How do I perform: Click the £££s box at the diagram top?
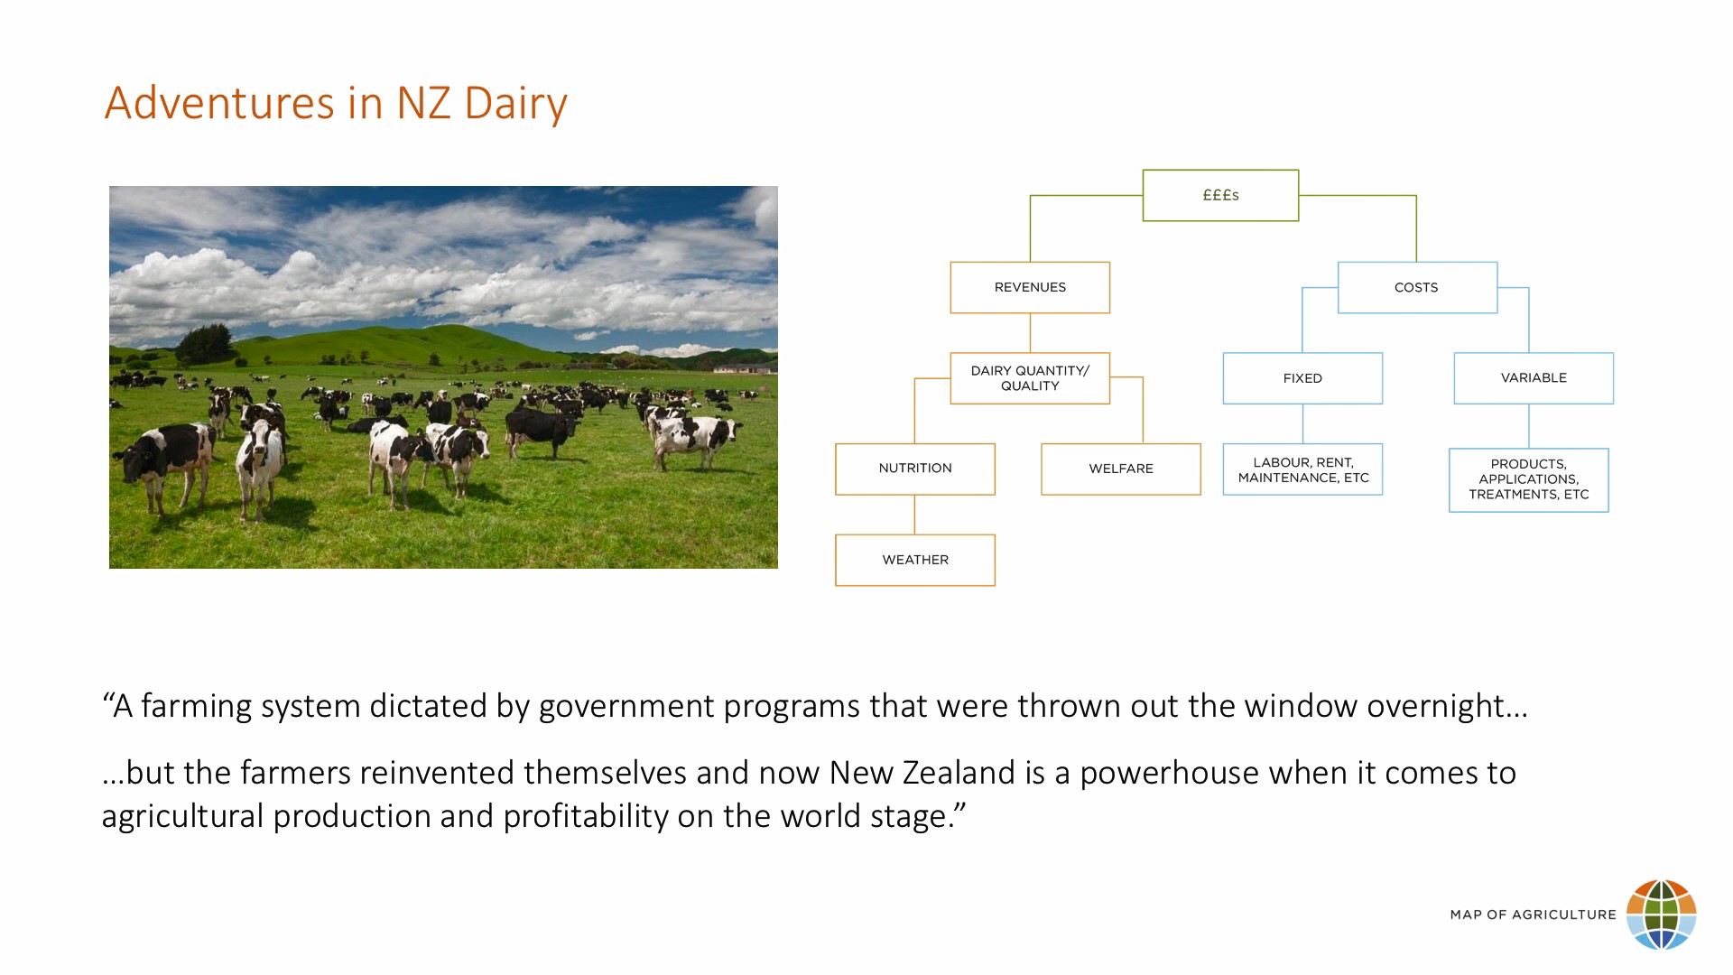coord(1220,195)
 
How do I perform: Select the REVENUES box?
coord(1030,288)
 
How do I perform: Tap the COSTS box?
coord(1417,288)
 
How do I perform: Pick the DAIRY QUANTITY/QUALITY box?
coord(1030,378)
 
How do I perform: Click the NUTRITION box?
coord(915,469)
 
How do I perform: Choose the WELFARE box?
coord(1121,469)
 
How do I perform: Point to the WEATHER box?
coord(915,561)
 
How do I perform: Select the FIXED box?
coord(1302,378)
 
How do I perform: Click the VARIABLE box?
coord(1534,378)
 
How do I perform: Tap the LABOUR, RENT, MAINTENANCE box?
coord(1302,469)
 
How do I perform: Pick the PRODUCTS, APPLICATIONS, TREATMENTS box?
coord(1529,480)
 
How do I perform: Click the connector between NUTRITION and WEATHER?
coord(914,515)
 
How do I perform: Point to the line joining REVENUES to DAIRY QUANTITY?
coord(1030,333)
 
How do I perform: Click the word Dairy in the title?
coord(515,103)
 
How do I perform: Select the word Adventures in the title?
coord(219,103)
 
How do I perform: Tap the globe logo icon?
coord(1661,915)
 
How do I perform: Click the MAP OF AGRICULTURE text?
coord(1533,915)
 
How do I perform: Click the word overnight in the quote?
coord(1447,706)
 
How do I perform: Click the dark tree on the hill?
coord(204,344)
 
